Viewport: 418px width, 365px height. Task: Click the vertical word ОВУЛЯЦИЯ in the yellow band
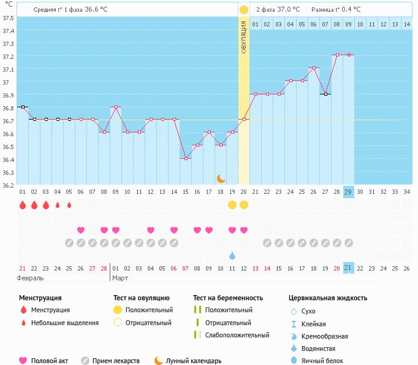(244, 37)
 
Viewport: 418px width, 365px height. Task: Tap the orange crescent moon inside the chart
(221, 178)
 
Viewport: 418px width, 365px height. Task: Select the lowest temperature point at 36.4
(186, 158)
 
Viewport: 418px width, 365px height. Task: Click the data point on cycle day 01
(23, 107)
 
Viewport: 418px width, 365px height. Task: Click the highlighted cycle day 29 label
(348, 192)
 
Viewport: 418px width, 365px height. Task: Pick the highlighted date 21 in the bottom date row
(348, 268)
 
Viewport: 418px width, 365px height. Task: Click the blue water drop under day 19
(232, 255)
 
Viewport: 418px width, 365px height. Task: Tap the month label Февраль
(31, 278)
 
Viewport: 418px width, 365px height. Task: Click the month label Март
(121, 278)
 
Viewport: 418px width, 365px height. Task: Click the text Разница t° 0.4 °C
(336, 9)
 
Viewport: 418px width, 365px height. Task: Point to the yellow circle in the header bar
(244, 10)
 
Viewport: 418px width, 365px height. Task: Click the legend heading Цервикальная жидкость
(328, 298)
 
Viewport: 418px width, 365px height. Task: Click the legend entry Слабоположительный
(237, 335)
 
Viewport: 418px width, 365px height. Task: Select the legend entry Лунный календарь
(194, 361)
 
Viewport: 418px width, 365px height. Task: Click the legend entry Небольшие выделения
(64, 323)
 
